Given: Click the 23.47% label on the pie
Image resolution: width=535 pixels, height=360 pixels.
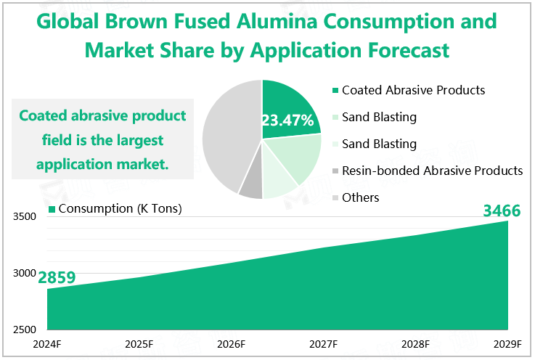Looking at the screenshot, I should pyautogui.click(x=287, y=120).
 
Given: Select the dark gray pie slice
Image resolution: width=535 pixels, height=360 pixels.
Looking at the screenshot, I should pyautogui.click(x=250, y=185).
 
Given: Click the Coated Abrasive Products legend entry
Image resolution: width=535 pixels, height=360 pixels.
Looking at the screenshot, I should pyautogui.click(x=412, y=91).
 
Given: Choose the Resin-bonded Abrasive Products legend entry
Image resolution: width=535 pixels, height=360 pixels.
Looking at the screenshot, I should pyautogui.click(x=431, y=171).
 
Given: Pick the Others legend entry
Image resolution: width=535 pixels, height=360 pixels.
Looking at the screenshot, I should pyautogui.click(x=360, y=197).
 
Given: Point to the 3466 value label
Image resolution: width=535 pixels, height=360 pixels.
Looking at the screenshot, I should pyautogui.click(x=502, y=211).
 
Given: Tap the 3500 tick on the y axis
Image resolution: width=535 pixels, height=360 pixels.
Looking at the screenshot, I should pyautogui.click(x=23, y=217).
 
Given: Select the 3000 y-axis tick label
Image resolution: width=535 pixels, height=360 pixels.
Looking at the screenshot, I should pyautogui.click(x=23, y=274).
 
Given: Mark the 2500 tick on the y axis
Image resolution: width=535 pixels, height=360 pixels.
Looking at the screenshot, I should pyautogui.click(x=23, y=330).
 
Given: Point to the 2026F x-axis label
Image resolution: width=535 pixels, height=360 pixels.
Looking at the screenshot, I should pyautogui.click(x=232, y=343).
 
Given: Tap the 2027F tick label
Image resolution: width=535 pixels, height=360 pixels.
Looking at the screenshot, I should pyautogui.click(x=323, y=343).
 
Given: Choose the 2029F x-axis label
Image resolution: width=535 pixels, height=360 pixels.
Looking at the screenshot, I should pyautogui.click(x=507, y=343).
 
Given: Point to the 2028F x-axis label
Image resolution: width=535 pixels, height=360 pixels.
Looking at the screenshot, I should pyautogui.click(x=415, y=343).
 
